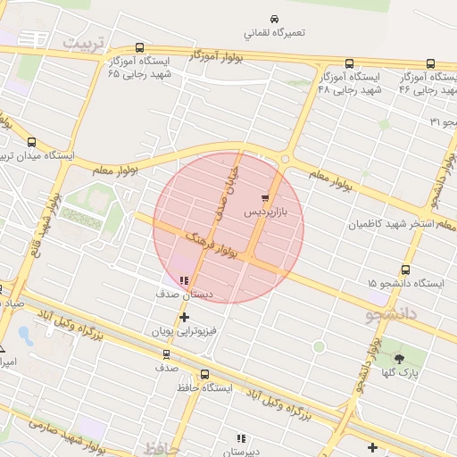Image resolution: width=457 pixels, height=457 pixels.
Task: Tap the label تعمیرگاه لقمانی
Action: click(x=275, y=33)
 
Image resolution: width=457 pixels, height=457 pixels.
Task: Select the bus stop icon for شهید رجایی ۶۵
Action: click(x=139, y=48)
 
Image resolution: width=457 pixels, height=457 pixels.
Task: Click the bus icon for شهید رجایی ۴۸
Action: click(x=348, y=64)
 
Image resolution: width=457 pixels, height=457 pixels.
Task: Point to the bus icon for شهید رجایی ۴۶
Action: click(x=430, y=64)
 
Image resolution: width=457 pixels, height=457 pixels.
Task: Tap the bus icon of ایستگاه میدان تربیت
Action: click(x=33, y=142)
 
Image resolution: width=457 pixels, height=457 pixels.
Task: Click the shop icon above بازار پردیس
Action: click(x=265, y=197)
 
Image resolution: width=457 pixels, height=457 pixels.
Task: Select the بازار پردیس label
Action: click(x=266, y=214)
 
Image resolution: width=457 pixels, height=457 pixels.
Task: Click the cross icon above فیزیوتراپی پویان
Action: click(x=184, y=317)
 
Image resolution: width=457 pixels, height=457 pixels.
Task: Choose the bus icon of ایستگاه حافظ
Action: click(x=205, y=375)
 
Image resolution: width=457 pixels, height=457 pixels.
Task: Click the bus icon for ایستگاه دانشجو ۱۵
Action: click(x=406, y=270)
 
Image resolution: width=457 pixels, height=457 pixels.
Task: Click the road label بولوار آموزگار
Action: click(x=217, y=56)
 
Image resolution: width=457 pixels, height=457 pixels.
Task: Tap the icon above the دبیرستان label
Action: click(x=240, y=438)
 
